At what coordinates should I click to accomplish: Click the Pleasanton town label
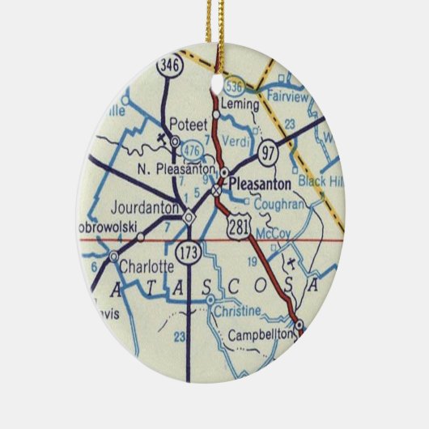click(262, 184)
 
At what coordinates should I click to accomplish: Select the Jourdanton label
click(145, 208)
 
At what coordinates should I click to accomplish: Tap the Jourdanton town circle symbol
click(189, 216)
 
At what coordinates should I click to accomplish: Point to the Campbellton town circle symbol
click(299, 326)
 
